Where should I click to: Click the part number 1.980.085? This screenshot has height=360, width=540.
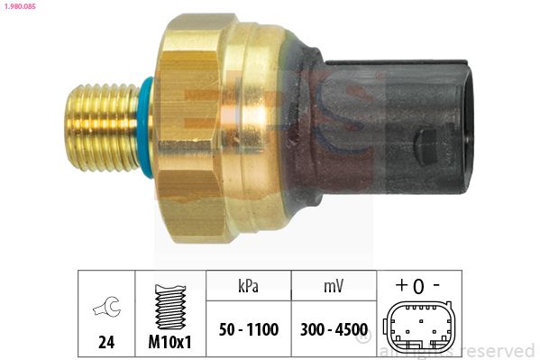[x=21, y=6]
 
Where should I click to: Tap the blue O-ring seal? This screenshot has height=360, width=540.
[x=146, y=127]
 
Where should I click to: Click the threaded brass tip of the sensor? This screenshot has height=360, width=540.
[x=102, y=127]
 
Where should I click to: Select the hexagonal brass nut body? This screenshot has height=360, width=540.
[x=189, y=128]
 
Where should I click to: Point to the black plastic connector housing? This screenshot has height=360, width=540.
[x=392, y=127]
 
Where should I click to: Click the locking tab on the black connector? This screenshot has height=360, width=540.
[x=426, y=146]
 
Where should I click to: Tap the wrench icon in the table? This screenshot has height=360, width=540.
[x=107, y=307]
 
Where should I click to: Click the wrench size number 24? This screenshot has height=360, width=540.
[x=106, y=342]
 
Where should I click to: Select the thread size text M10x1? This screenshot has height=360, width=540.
[x=169, y=342]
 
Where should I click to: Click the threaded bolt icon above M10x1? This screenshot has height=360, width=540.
[x=170, y=307]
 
